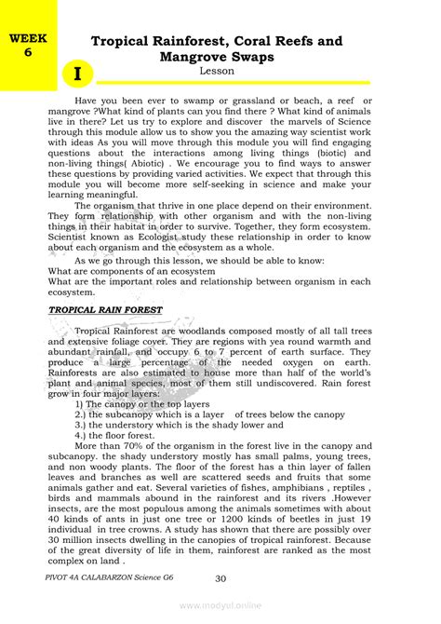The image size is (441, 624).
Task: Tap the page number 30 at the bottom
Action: (220, 579)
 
